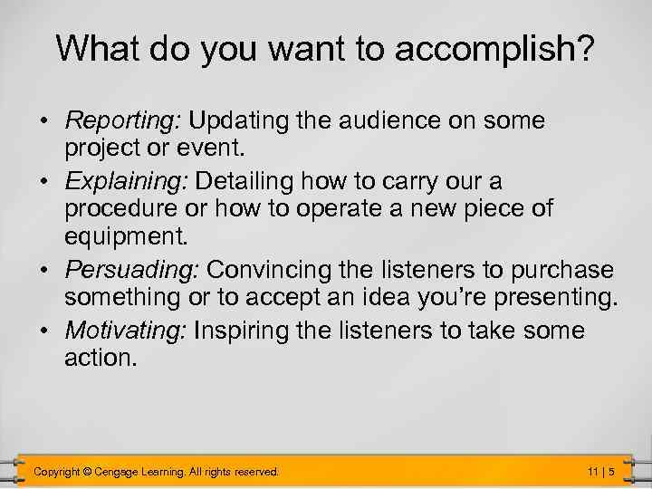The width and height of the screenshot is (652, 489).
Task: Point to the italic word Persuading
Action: tap(133, 271)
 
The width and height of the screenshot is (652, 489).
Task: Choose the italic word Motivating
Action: tap(125, 331)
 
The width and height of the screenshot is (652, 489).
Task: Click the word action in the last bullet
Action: tap(100, 360)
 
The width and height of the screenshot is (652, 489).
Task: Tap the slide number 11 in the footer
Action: tap(593, 471)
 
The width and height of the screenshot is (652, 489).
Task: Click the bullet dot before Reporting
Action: tap(43, 122)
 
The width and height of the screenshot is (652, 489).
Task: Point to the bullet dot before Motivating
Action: tap(43, 331)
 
